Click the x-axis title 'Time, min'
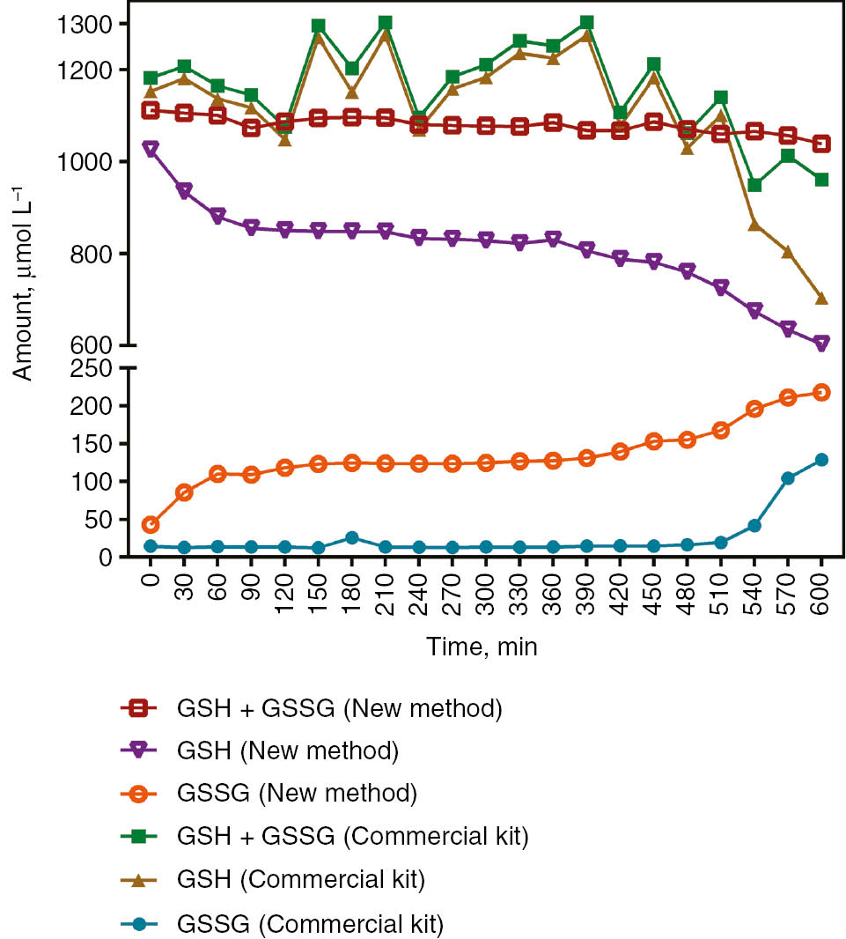pos(482,647)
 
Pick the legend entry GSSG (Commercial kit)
pos(310,924)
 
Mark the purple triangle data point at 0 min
pos(151,149)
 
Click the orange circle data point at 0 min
pos(151,525)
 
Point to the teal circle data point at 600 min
pos(821,460)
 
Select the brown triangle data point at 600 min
pos(821,298)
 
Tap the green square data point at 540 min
pos(754,185)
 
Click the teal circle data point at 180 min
pos(352,537)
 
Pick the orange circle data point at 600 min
pos(821,393)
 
